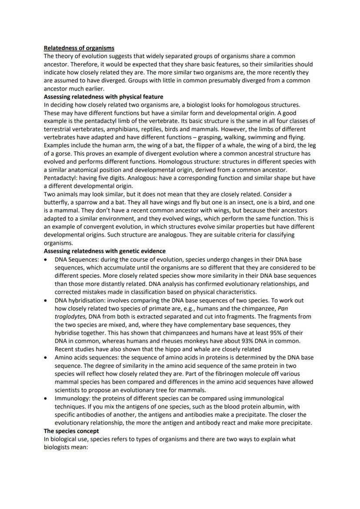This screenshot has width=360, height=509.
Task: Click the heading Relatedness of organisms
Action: point(79,48)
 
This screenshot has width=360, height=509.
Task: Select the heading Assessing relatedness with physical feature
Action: point(103,96)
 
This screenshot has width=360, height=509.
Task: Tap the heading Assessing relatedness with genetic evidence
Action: point(104,251)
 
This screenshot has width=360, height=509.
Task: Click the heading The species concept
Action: point(71,431)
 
